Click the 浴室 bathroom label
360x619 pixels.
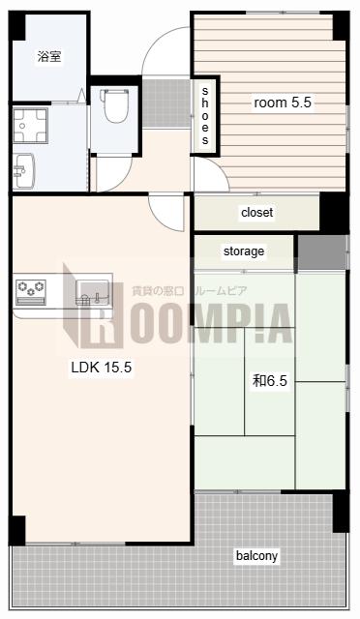[x=49, y=56]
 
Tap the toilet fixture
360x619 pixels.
[x=115, y=105]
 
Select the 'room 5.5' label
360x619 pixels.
[x=283, y=103]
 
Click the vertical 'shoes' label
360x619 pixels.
[x=205, y=115]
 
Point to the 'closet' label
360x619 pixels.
[x=256, y=213]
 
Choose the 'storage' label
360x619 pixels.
[x=244, y=251]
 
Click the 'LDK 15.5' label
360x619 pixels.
[x=102, y=368]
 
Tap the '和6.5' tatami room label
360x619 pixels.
[x=270, y=381]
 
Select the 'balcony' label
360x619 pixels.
[x=256, y=556]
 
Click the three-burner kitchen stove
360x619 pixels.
[x=30, y=292]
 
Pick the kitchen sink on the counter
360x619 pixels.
[x=92, y=292]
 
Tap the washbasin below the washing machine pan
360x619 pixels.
[x=24, y=171]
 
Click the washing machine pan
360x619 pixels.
[x=30, y=126]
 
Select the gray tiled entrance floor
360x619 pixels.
[x=166, y=103]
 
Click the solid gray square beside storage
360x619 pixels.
[x=322, y=252]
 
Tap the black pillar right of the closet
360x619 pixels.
[x=334, y=213]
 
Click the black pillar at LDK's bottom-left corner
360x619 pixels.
[x=17, y=530]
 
